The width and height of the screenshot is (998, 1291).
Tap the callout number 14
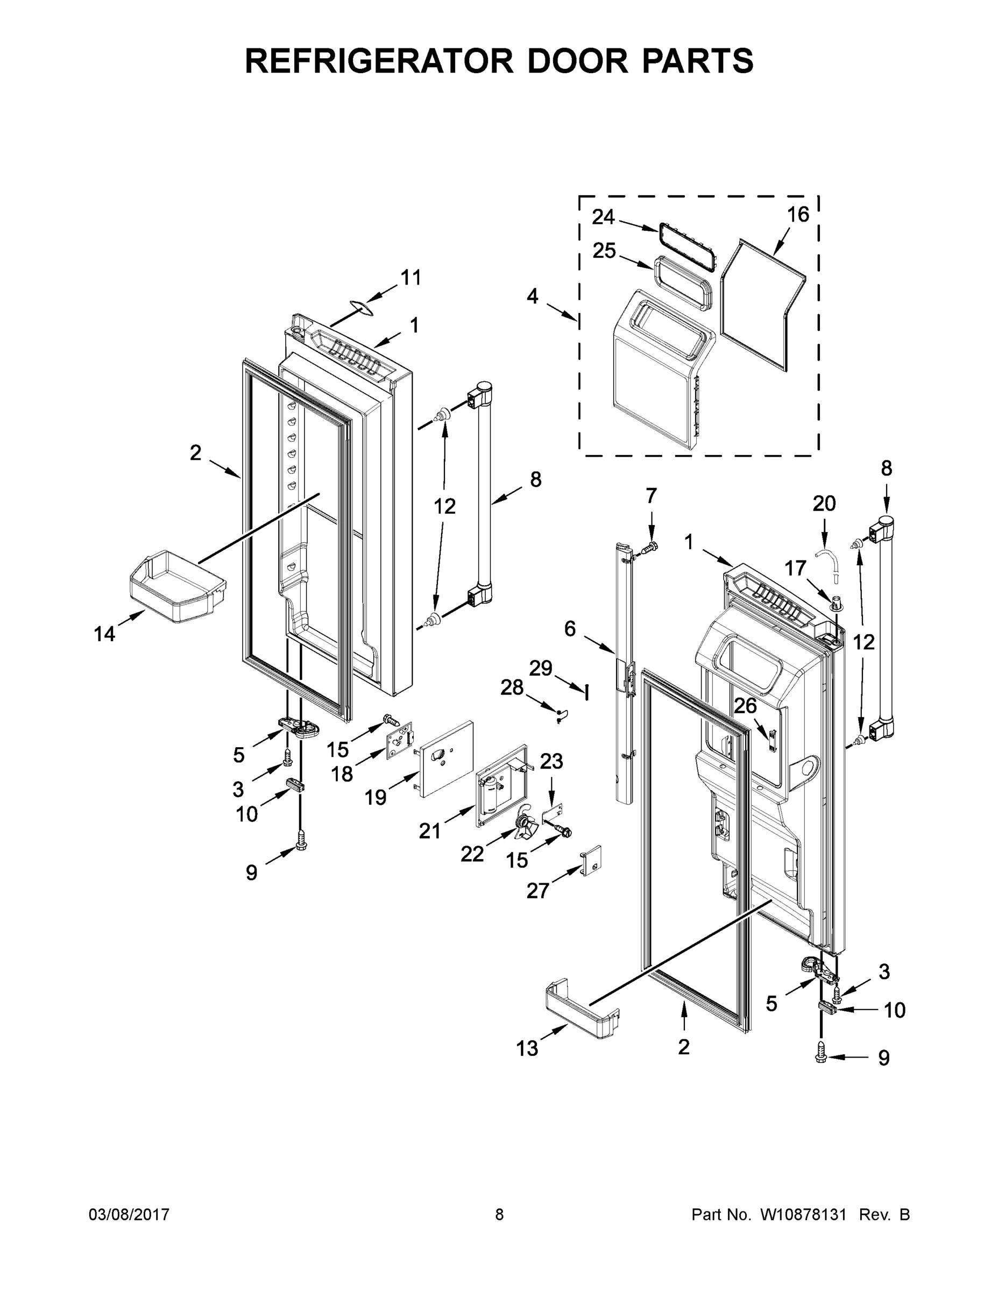105,634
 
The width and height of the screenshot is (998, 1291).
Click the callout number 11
411,277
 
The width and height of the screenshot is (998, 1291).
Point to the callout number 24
603,217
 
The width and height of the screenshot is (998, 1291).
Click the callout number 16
798,215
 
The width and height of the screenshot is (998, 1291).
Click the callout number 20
824,503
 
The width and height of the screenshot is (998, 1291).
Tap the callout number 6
569,629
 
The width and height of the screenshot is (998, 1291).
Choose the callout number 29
540,668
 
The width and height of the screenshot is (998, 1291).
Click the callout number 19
376,797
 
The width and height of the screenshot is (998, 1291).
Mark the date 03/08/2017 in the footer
129,1214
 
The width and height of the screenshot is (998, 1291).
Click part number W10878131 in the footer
803,1214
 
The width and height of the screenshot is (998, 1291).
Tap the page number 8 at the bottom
499,1214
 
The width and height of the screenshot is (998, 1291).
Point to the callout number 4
533,296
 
